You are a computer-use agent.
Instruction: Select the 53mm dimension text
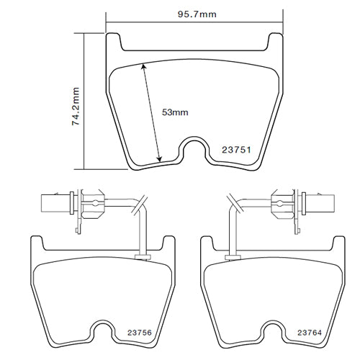[174, 112]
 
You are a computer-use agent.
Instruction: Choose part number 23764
[312, 333]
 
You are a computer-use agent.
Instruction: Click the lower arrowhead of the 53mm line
[159, 159]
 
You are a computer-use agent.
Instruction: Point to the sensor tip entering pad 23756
[141, 255]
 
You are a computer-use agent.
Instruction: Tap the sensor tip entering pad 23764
[232, 255]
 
